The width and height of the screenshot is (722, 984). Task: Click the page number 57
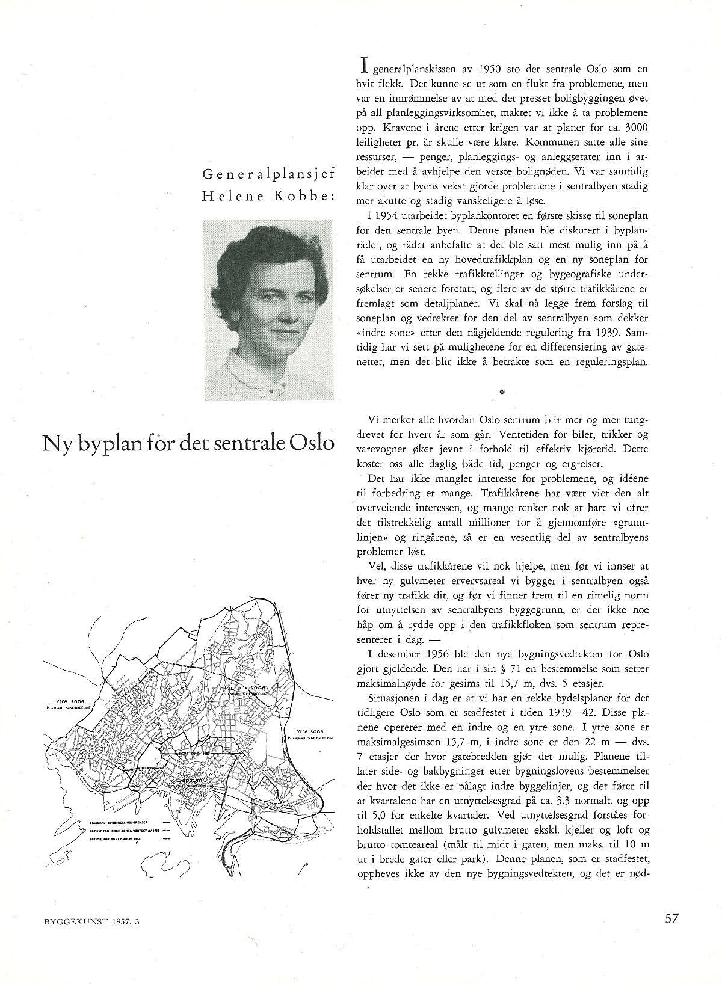click(x=673, y=918)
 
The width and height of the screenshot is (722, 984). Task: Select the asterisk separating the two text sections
click(x=502, y=392)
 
